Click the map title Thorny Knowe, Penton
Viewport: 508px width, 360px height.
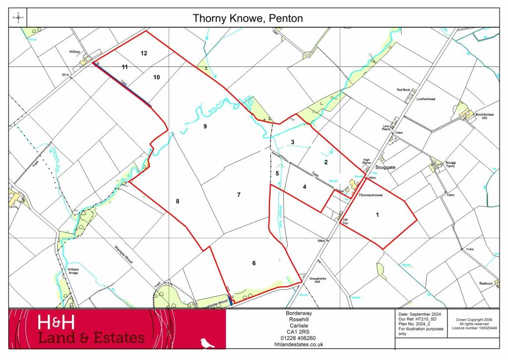pos(248,19)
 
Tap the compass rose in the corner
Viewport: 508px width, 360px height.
pos(18,19)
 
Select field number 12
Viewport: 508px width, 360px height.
pos(144,53)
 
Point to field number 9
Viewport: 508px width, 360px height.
pos(204,127)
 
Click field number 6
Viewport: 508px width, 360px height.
pos(254,263)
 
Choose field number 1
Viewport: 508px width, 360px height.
pos(378,215)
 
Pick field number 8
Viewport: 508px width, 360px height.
pos(177,201)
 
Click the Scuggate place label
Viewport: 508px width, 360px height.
pos(385,167)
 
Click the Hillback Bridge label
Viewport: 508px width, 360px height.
pos(72,271)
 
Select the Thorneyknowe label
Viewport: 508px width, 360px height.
pos(371,196)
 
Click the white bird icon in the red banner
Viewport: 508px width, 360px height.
pos(207,343)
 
